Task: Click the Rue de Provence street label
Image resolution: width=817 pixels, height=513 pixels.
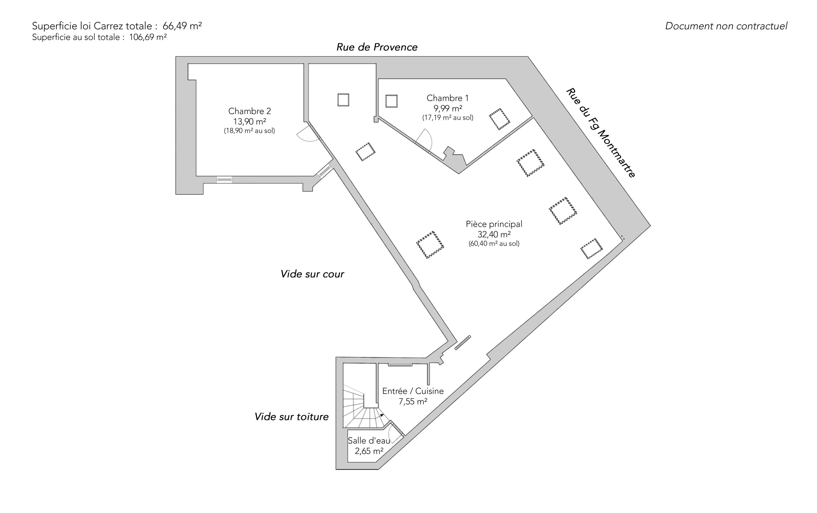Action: [x=377, y=47]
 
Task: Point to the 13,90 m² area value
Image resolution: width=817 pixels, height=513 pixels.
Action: [x=249, y=121]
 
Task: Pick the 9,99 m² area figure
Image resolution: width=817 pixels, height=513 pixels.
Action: [x=448, y=108]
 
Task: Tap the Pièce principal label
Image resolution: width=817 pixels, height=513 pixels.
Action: [x=494, y=224]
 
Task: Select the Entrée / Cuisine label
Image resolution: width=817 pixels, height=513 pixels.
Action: [x=412, y=391]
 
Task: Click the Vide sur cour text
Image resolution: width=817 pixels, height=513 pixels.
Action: [x=312, y=274]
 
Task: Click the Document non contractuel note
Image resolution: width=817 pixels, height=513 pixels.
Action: [x=726, y=26]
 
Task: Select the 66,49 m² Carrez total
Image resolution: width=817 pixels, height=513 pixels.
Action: [x=182, y=26]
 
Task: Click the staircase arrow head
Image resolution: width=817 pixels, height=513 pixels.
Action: [x=382, y=415]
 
